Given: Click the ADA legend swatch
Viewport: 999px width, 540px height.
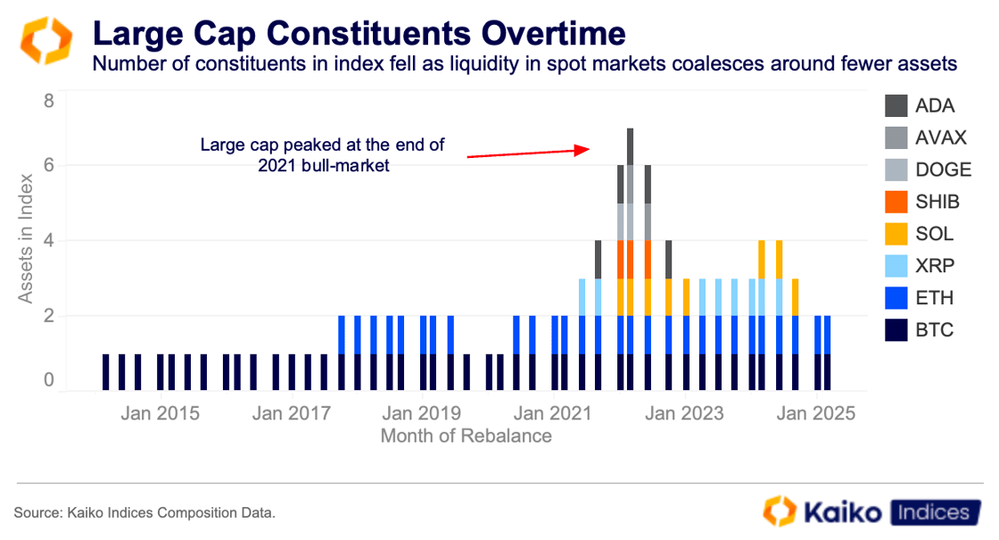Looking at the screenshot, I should point(895,106).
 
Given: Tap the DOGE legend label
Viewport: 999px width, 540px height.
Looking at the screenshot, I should point(941,170).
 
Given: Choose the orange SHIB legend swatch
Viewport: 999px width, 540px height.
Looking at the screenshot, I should point(895,202).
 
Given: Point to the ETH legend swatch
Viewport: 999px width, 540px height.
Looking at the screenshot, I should point(895,298).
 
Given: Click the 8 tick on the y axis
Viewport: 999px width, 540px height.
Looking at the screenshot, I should point(49,101).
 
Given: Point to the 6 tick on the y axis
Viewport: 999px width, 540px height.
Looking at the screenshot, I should point(49,165).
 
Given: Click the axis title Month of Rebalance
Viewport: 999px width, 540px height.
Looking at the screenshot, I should point(466,436).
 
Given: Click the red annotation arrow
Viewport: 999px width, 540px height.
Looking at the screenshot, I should point(525,153).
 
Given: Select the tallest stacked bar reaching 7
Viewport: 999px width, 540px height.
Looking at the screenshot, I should point(630,259).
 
